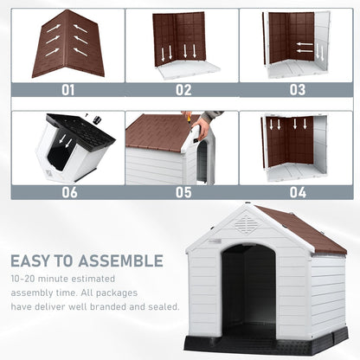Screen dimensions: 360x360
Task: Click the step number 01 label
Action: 67,89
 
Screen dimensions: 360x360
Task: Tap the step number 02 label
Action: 183,89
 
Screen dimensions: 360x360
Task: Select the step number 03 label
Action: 297,89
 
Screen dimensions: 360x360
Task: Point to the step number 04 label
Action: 297,191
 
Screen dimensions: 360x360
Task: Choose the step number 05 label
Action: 183,191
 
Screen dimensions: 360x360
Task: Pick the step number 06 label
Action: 67,191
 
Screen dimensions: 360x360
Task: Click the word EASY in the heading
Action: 35,260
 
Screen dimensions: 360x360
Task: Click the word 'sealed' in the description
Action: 162,306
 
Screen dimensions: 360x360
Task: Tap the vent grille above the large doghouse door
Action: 247,226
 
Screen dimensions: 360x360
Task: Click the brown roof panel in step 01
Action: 67,43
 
